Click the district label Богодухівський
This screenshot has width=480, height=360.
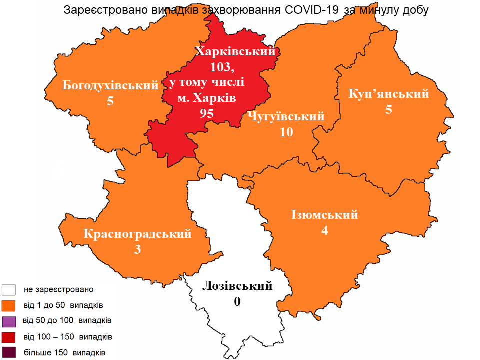pos(110,85)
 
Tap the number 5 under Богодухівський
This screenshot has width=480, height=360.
pos(110,101)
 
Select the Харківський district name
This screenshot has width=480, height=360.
pos(236,51)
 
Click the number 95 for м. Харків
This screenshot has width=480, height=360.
pos(207,113)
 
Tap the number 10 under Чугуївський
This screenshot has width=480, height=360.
pos(286,132)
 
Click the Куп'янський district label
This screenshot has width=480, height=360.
pos(389,94)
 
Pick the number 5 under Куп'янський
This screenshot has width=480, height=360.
pos(389,110)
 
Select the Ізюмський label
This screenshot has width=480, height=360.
pos(325,215)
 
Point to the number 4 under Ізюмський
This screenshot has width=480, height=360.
pos(325,231)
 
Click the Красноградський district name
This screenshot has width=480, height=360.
pos(138,233)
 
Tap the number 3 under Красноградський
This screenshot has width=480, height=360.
pos(138,249)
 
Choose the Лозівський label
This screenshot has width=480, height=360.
pos(237,286)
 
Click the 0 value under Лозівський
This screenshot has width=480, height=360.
pos(237,302)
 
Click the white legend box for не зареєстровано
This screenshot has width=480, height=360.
pos(9,290)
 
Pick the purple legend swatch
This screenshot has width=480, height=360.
pos(9,321)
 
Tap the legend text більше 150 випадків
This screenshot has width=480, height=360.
pos(64,352)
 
